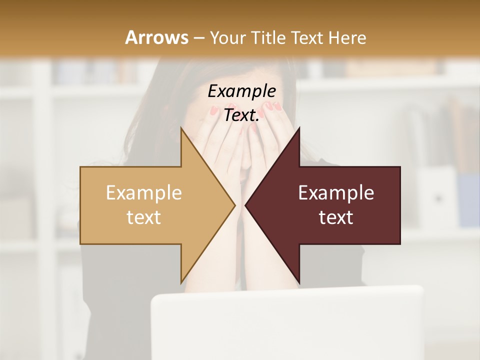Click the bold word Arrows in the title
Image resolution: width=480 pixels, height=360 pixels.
[x=156, y=37]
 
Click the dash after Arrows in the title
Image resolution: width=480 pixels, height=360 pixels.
[x=198, y=38]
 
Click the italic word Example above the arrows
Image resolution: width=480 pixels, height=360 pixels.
[x=241, y=91]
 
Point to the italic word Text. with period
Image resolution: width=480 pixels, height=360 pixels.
[x=241, y=115]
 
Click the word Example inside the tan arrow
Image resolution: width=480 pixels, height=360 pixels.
[x=144, y=192]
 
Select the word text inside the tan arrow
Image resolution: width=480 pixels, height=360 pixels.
[x=144, y=217]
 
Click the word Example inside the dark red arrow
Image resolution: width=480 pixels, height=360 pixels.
[x=336, y=192]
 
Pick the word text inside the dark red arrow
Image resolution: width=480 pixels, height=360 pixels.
[x=336, y=217]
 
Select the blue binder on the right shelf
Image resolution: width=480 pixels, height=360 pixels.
[x=469, y=200]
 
